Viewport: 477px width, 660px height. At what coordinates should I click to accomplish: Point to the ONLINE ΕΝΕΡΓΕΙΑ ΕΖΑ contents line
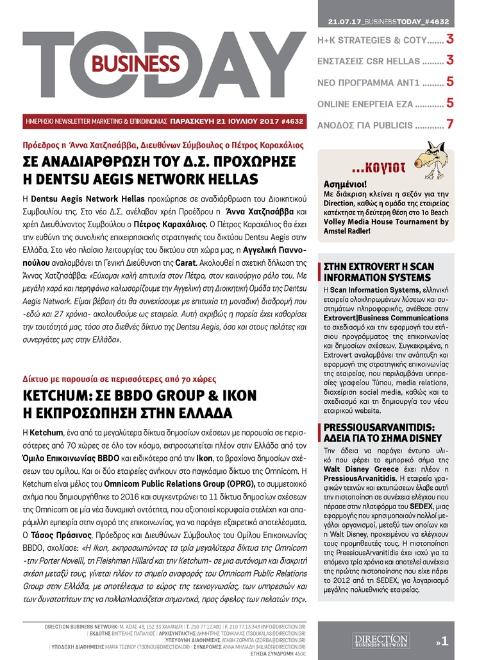tap(378, 103)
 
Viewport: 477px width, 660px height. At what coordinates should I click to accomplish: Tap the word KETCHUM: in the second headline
tap(63, 395)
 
